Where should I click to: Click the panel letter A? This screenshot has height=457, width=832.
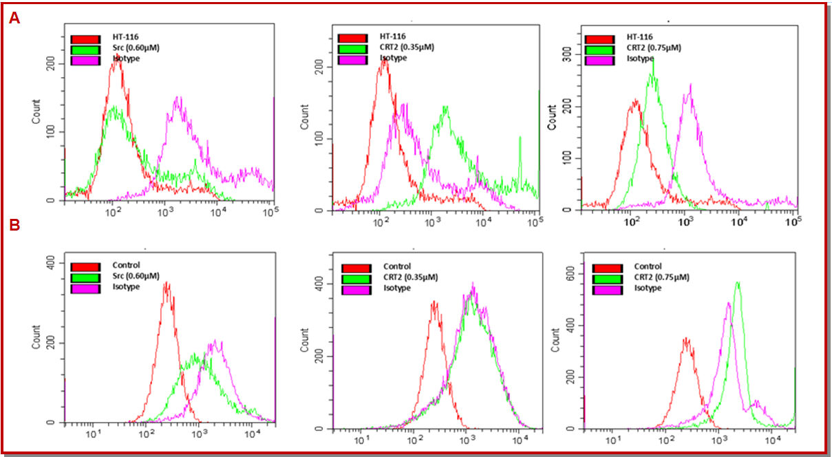14,19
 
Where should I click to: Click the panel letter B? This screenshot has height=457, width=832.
14,224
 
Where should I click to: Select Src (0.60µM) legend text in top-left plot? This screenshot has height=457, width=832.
136,47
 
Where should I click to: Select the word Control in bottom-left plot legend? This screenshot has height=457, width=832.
126,265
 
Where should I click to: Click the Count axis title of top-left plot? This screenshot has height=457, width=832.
36,112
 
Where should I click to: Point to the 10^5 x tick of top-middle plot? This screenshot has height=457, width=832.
536,222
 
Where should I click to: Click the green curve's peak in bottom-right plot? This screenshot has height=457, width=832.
738,283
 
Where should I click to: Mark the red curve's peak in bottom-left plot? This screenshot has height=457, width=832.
166,283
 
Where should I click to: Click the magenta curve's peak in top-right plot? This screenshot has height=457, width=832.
690,85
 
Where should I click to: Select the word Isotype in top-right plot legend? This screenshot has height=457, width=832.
639,59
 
